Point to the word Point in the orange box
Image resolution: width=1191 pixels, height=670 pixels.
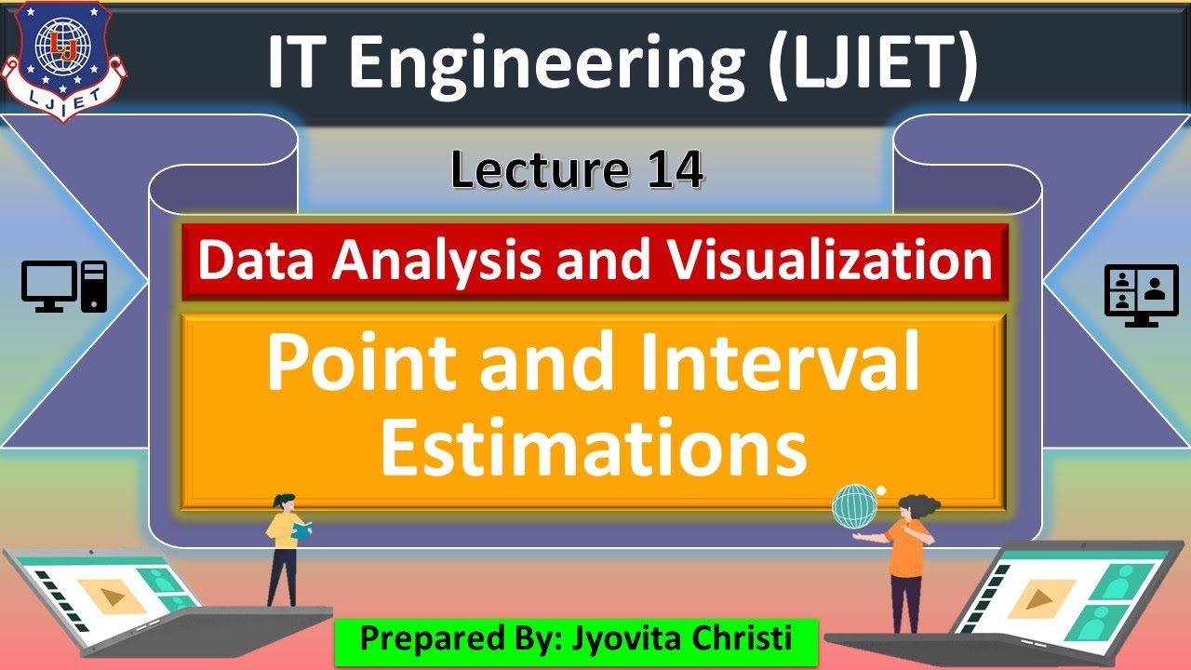point(363,365)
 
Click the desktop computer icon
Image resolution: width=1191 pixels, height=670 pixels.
point(64,286)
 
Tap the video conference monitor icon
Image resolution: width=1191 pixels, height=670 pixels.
point(1134,294)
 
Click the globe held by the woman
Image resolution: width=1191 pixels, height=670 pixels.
point(855,507)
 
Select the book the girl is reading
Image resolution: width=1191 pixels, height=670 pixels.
point(301,531)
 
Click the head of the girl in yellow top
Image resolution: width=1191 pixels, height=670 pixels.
point(285,503)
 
